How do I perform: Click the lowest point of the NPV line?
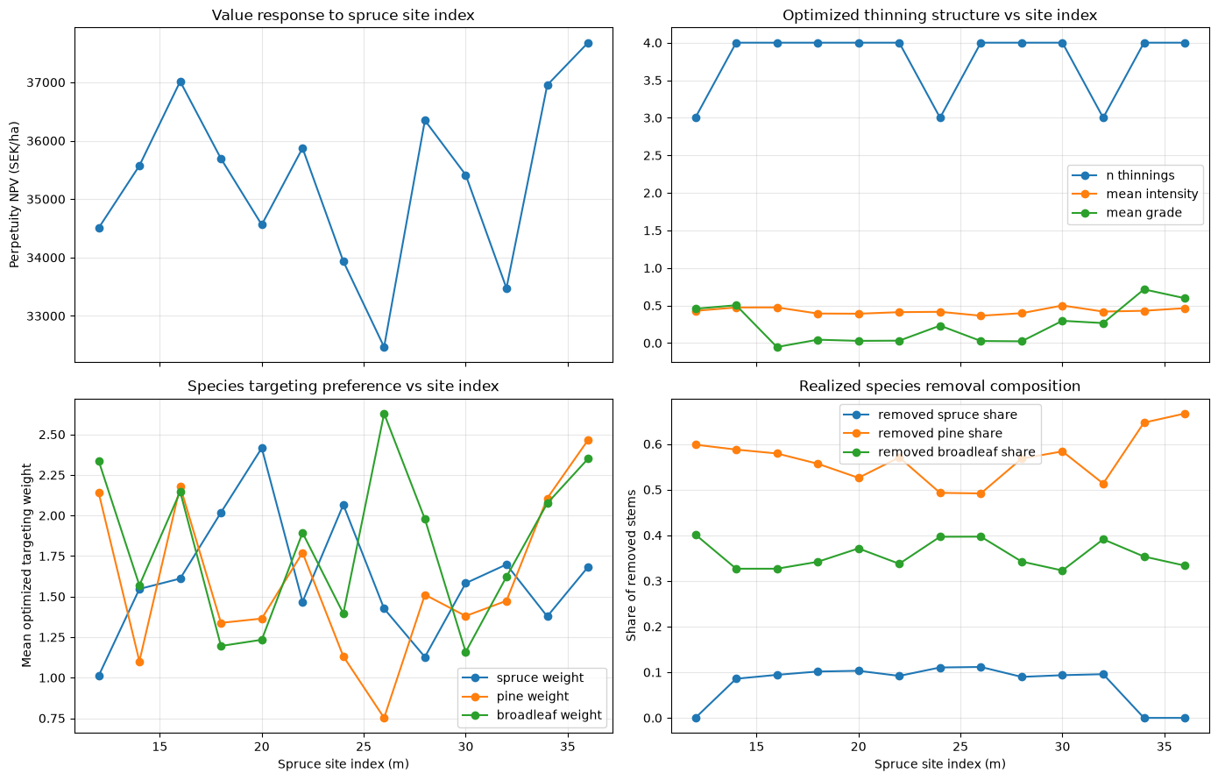point(384,348)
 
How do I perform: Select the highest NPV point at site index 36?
point(588,44)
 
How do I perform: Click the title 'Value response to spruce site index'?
point(343,15)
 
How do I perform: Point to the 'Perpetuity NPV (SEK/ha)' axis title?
point(14,195)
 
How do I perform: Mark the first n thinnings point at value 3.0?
point(696,118)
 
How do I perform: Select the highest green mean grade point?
point(1144,289)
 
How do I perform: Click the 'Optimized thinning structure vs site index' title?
point(939,15)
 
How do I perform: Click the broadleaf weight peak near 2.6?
point(384,414)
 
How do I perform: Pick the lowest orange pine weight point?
point(384,718)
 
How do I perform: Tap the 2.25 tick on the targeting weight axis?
point(50,475)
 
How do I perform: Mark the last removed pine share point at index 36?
point(1185,415)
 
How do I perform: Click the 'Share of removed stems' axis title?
point(631,565)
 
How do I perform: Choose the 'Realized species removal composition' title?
point(939,386)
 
